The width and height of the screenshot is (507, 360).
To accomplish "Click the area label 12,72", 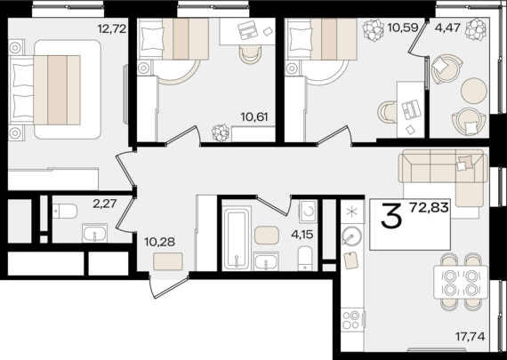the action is (x=111, y=29).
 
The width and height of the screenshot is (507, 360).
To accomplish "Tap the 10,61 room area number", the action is (x=254, y=116).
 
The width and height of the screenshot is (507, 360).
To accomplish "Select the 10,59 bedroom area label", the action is (x=403, y=28).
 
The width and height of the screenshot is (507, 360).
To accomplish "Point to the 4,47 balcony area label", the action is (x=447, y=28).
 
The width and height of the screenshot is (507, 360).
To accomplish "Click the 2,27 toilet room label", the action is (x=104, y=204).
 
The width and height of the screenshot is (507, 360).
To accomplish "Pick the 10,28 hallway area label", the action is (x=159, y=242).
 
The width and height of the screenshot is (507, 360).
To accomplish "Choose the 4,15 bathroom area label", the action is (x=302, y=235).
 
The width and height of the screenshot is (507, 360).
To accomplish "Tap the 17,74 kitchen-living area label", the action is (x=471, y=337).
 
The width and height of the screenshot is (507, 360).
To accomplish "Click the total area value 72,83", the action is (x=429, y=207).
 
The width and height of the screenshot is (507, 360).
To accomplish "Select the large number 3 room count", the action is (x=391, y=215).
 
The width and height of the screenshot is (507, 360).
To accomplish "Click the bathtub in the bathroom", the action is (x=237, y=239).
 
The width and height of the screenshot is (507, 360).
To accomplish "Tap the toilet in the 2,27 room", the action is (x=65, y=212).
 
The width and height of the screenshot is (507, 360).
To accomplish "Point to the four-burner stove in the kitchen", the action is (x=351, y=320).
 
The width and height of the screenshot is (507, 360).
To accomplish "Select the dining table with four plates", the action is (x=461, y=282).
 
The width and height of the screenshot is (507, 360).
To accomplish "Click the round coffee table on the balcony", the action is (x=474, y=91).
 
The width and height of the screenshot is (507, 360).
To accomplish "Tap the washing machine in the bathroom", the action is (x=309, y=212).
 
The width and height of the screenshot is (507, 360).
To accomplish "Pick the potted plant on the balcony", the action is (x=476, y=29).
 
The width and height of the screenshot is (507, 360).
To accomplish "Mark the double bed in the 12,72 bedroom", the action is (x=45, y=90).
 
